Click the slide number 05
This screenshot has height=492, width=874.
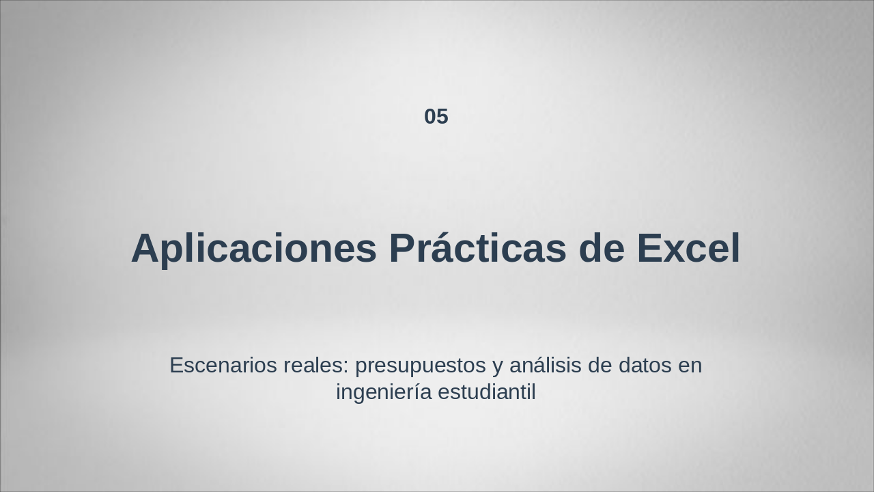[436, 117]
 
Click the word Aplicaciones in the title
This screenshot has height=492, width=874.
[253, 248]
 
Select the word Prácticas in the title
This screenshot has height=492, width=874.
[477, 248]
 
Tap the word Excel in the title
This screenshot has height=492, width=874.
[688, 248]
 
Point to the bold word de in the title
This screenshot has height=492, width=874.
[602, 248]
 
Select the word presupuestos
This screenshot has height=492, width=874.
[420, 366]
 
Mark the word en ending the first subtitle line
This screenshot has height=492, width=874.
[690, 366]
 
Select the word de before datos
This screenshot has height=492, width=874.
[600, 366]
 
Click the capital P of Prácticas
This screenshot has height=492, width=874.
[402, 248]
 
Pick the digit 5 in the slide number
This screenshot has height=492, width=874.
[442, 117]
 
